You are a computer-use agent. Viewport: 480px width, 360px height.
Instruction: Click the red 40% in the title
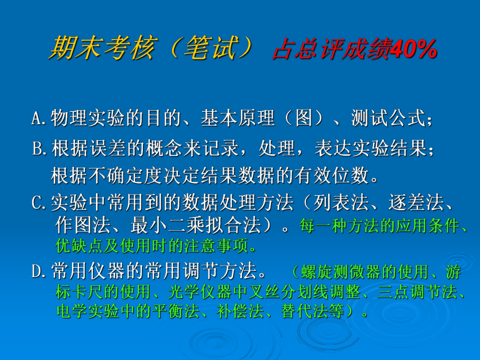point(412,51)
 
